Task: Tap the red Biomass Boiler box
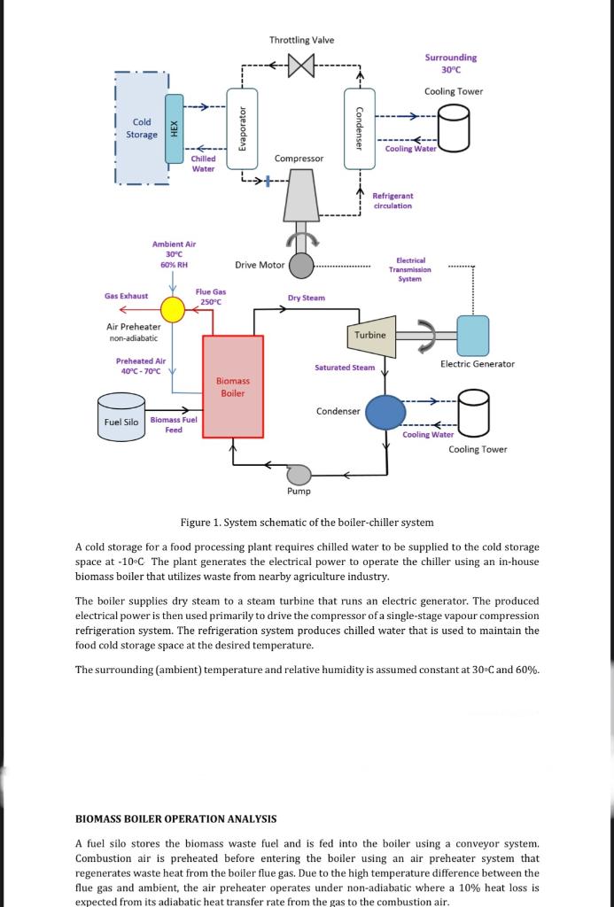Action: [233, 386]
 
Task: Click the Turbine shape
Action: [369, 335]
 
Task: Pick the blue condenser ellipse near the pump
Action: [385, 411]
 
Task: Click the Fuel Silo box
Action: [121, 422]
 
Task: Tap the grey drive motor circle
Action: [302, 264]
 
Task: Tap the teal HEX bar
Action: [174, 128]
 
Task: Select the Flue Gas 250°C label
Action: [211, 297]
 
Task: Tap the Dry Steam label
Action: [307, 298]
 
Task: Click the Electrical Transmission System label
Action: [409, 269]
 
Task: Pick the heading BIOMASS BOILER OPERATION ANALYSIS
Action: [175, 819]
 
